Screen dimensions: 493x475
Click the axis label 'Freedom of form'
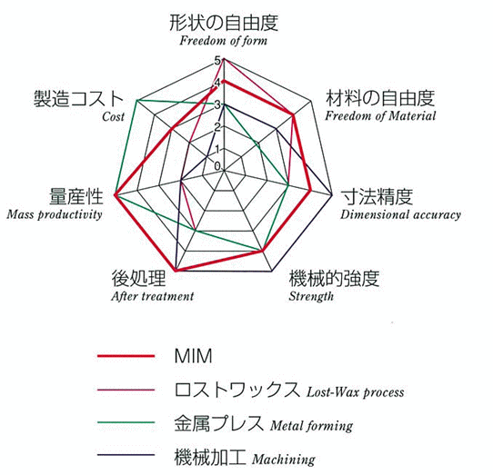pos(223,41)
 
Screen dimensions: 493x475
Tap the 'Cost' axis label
pos(113,117)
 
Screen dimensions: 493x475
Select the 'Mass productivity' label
pos(55,214)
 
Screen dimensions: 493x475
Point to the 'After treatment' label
pos(153,296)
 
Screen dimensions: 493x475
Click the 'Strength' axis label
pos(311,296)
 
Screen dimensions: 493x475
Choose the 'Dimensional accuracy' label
pos(400,214)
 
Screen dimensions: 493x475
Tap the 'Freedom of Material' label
pos(380,116)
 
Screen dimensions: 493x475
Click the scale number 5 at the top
pos(217,60)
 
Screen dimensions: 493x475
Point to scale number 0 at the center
pos(217,166)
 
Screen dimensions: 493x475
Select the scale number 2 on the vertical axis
pos(217,127)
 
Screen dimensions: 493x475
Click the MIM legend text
pos(194,356)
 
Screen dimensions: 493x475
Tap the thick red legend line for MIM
pos(126,356)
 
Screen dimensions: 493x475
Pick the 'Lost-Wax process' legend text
pos(356,392)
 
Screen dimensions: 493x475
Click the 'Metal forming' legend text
pos(312,426)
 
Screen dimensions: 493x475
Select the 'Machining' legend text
pos(284,460)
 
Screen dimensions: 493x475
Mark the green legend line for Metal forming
pos(126,422)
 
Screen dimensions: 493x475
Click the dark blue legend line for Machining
pos(126,455)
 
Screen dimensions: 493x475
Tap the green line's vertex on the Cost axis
pos(137,101)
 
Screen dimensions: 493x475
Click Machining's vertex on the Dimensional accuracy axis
pos(332,195)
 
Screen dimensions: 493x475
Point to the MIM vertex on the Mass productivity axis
pos(116,195)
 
